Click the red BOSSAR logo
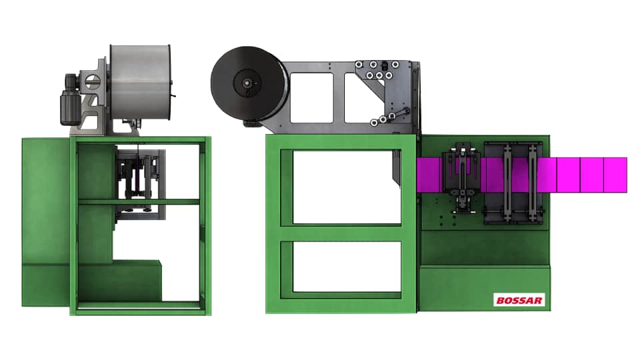[x=519, y=300]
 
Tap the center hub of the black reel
[x=247, y=83]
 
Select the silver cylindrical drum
[x=141, y=83]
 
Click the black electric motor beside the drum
[x=70, y=99]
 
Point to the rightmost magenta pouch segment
[x=615, y=175]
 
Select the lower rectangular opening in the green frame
[x=347, y=267]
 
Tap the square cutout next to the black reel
[x=311, y=97]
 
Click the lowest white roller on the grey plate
[x=374, y=123]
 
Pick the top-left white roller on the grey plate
[x=359, y=65]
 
